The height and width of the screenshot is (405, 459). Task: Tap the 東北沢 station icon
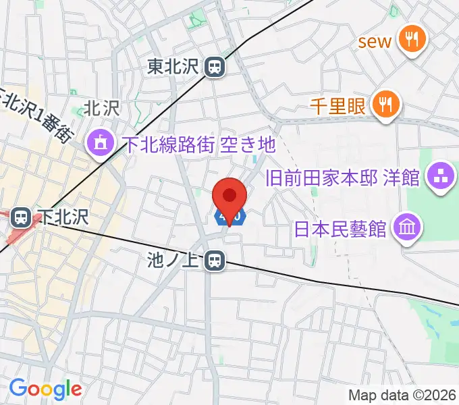(215, 67)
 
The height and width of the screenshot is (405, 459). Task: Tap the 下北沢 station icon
(21, 217)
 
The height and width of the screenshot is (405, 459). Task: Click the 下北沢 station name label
(64, 217)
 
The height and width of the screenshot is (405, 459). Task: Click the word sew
(375, 41)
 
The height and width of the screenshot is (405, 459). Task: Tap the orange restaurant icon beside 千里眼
(385, 105)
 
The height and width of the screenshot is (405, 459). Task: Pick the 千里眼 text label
(337, 106)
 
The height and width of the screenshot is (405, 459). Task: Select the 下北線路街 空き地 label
(199, 144)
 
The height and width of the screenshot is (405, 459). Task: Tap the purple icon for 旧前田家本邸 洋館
(442, 178)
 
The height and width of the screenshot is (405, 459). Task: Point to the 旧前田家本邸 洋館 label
(343, 179)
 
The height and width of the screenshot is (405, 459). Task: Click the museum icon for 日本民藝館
(408, 225)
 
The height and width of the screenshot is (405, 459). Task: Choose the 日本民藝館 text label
(341, 228)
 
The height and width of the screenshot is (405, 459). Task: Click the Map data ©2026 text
(400, 395)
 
